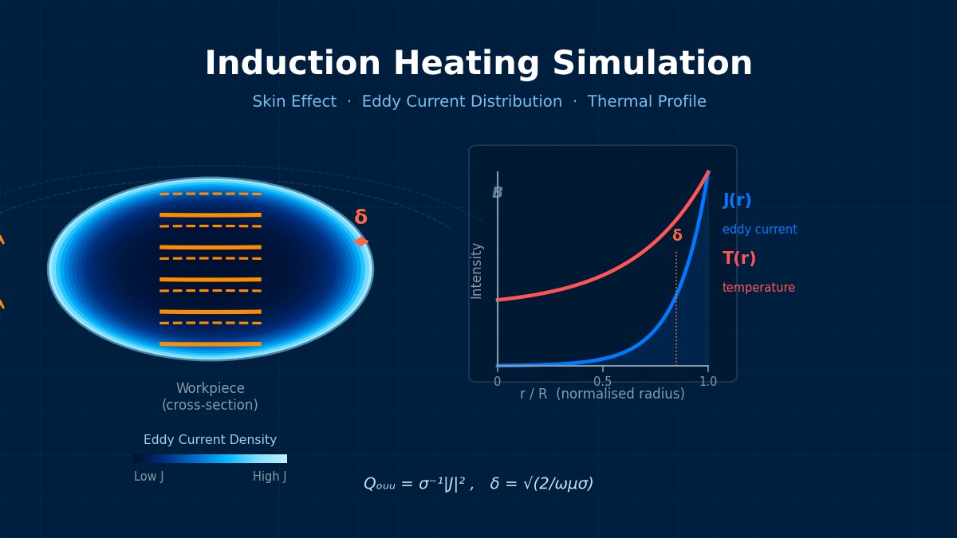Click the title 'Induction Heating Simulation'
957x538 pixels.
pyautogui.click(x=478, y=64)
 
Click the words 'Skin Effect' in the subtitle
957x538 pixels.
pyautogui.click(x=294, y=102)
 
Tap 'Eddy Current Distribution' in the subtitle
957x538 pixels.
pyautogui.click(x=462, y=102)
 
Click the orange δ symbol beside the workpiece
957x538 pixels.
pyautogui.click(x=360, y=218)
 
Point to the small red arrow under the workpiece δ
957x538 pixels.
pyautogui.click(x=361, y=242)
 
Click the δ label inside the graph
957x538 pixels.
pyautogui.click(x=677, y=236)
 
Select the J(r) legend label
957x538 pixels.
pyautogui.click(x=737, y=200)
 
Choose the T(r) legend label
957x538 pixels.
pyautogui.click(x=739, y=258)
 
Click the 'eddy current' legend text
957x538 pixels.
pyautogui.click(x=759, y=230)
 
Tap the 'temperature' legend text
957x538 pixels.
pyautogui.click(x=758, y=288)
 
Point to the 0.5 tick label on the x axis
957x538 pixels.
pyautogui.click(x=602, y=382)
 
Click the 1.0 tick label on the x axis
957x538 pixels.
pyautogui.click(x=707, y=382)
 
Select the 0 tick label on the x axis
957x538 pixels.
pyautogui.click(x=498, y=382)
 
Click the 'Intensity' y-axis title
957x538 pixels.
pyautogui.click(x=477, y=270)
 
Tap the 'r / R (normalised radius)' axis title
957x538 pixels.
pyautogui.click(x=602, y=395)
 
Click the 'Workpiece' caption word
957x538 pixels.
pyautogui.click(x=210, y=389)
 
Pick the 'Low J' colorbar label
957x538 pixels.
pyautogui.click(x=149, y=477)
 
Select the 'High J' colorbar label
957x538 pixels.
pyautogui.click(x=270, y=477)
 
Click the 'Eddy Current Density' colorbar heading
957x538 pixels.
pyautogui.click(x=210, y=440)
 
